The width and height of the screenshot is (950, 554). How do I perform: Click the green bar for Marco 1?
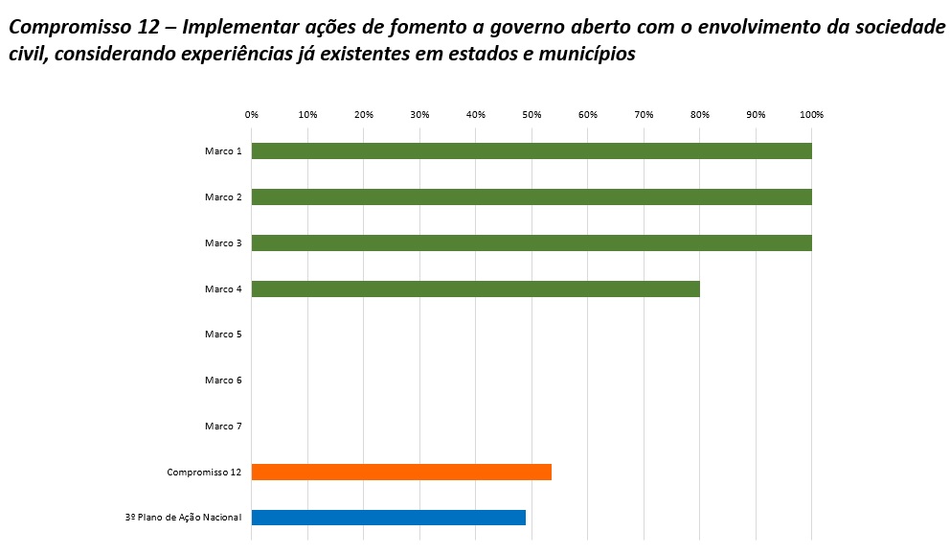(532, 150)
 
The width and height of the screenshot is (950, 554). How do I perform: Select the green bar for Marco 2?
(532, 196)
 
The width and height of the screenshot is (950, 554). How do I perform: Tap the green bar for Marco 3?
(532, 242)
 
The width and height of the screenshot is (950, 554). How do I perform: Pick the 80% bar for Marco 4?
(475, 289)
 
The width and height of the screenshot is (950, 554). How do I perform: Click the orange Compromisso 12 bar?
(401, 472)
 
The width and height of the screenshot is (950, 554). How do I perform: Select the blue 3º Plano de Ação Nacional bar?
(388, 518)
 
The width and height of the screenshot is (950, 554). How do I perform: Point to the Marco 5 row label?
(223, 335)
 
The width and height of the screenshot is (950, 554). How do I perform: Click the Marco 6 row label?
(223, 381)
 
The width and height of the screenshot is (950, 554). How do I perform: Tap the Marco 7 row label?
(223, 427)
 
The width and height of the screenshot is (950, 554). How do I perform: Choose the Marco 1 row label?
(223, 151)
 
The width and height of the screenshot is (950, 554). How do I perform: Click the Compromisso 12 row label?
(204, 473)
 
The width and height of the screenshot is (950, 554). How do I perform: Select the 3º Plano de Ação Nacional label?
(183, 519)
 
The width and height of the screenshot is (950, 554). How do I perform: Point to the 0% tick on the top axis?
(252, 115)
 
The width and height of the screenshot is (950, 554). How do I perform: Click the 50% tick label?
(532, 115)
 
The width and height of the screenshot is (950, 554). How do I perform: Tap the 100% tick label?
(812, 115)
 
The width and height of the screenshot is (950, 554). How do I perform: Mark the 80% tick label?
(700, 115)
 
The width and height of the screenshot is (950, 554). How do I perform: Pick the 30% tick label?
(419, 115)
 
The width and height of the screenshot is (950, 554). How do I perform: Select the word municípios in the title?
(583, 54)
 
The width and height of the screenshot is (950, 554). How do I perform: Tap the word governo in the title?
(537, 28)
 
